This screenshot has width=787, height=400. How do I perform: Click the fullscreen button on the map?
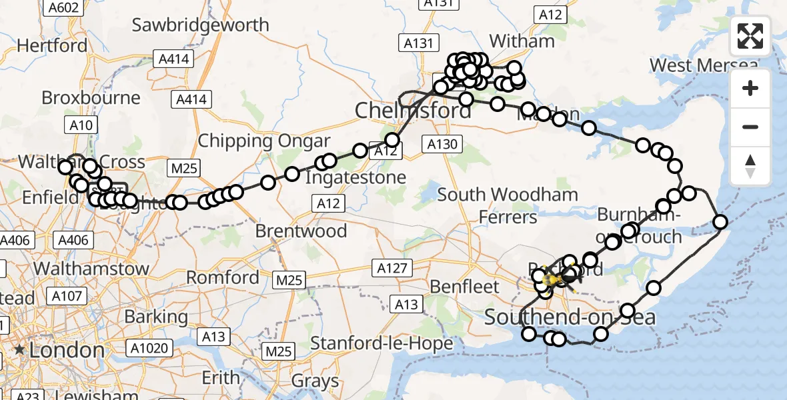click(750, 36)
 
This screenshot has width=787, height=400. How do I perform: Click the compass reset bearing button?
click(750, 166)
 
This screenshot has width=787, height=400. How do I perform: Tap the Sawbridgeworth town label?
click(200, 25)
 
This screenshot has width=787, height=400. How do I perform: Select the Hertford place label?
click(52, 45)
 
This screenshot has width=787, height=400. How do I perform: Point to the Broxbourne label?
click(91, 97)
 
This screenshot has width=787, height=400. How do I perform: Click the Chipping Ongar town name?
click(264, 141)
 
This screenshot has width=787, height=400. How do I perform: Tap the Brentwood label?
click(301, 231)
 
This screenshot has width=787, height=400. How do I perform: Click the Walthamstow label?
click(91, 269)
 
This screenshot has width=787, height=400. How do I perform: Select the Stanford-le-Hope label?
click(382, 344)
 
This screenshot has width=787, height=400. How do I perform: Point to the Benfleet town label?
click(465, 287)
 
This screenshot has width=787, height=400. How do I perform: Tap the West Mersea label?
click(704, 65)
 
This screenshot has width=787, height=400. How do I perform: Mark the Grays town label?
click(315, 381)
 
